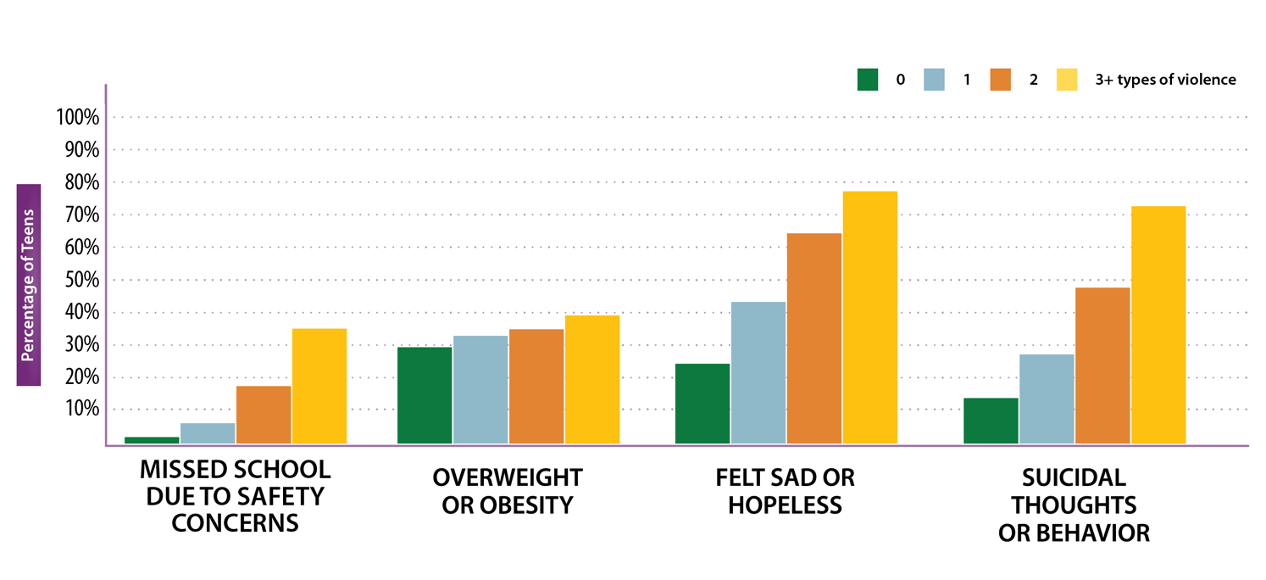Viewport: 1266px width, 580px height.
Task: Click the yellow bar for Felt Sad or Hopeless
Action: [869, 317]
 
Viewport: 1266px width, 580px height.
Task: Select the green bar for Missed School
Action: [153, 439]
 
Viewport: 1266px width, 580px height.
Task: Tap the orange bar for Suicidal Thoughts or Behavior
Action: [1102, 365]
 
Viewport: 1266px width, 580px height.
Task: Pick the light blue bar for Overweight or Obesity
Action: [480, 389]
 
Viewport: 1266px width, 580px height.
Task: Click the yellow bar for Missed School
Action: [319, 386]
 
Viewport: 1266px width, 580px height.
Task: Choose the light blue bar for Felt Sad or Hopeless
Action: [758, 372]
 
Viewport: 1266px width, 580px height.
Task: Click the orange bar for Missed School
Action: [264, 415]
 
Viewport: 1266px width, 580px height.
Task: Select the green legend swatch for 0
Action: [867, 80]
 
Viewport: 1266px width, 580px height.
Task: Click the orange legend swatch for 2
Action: [1000, 80]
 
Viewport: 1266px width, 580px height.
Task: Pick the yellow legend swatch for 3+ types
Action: [1067, 80]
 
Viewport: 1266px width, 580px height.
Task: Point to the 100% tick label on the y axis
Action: [78, 118]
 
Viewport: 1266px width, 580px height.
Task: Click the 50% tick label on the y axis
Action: [81, 281]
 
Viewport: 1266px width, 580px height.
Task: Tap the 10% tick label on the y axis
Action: [81, 410]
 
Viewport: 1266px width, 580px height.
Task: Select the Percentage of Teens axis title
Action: [29, 285]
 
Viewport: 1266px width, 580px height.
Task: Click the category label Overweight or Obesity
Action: [508, 491]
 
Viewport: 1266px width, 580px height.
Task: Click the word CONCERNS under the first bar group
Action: [235, 522]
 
